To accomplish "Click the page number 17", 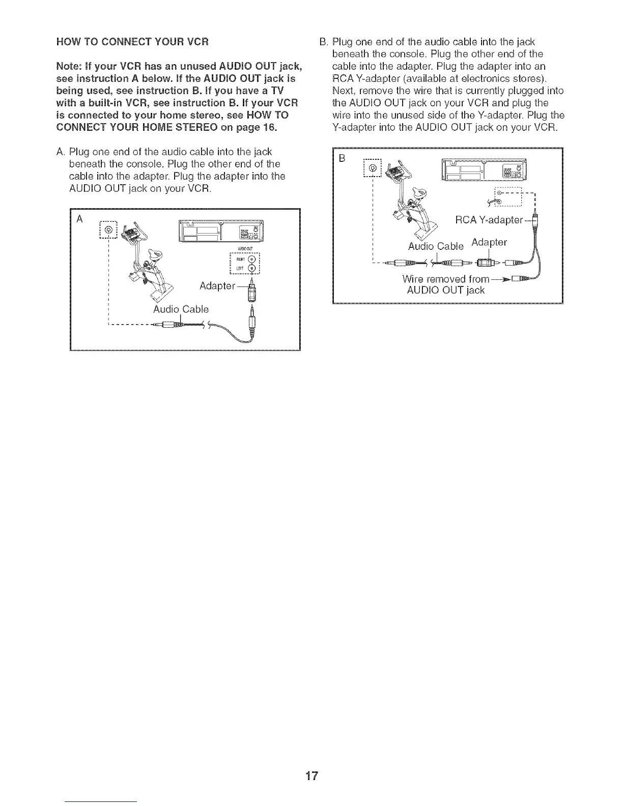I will point(311,776).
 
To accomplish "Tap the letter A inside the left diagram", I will point(79,219).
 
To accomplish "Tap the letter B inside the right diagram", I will point(342,158).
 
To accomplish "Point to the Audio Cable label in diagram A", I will point(181,309).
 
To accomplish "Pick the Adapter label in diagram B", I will point(489,242).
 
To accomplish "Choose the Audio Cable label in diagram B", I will point(436,246).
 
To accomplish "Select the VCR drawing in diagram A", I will point(220,233).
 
